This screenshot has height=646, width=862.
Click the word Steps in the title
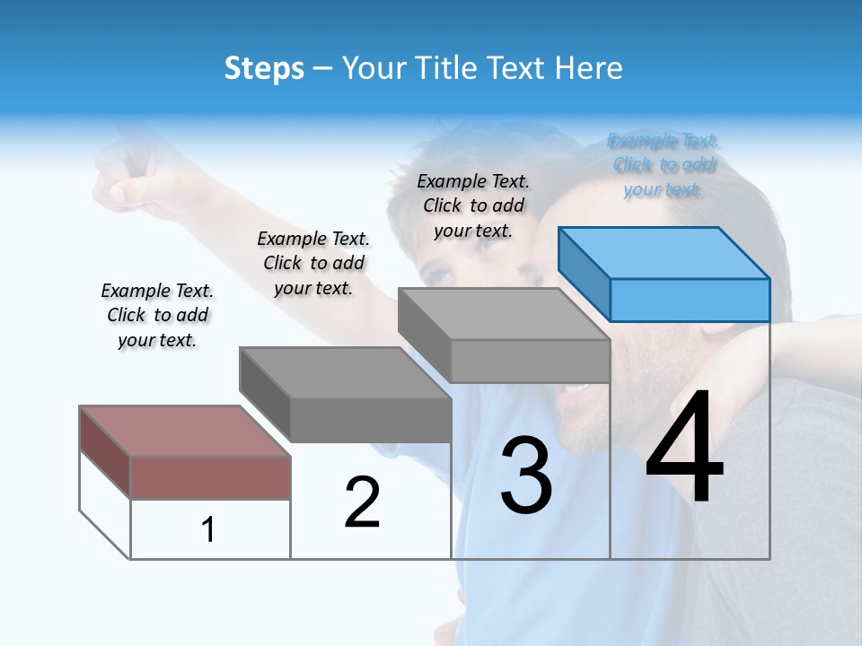pos(264,69)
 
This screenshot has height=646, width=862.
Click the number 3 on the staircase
pos(526,476)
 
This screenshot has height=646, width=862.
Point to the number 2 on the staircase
pos(362,502)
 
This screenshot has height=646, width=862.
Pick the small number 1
pos(208,529)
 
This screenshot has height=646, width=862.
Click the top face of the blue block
pos(664,253)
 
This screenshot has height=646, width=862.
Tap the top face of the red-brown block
pos(185,432)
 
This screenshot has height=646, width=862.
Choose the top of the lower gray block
pos(345,372)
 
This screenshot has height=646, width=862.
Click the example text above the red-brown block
pos(157,315)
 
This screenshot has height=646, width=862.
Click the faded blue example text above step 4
pos(663,165)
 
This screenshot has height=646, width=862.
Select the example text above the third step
pos(473,205)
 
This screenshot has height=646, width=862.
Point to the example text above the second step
pos(313,263)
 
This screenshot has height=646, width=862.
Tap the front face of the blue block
pos(690,300)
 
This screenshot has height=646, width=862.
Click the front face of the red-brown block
pos(210,477)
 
